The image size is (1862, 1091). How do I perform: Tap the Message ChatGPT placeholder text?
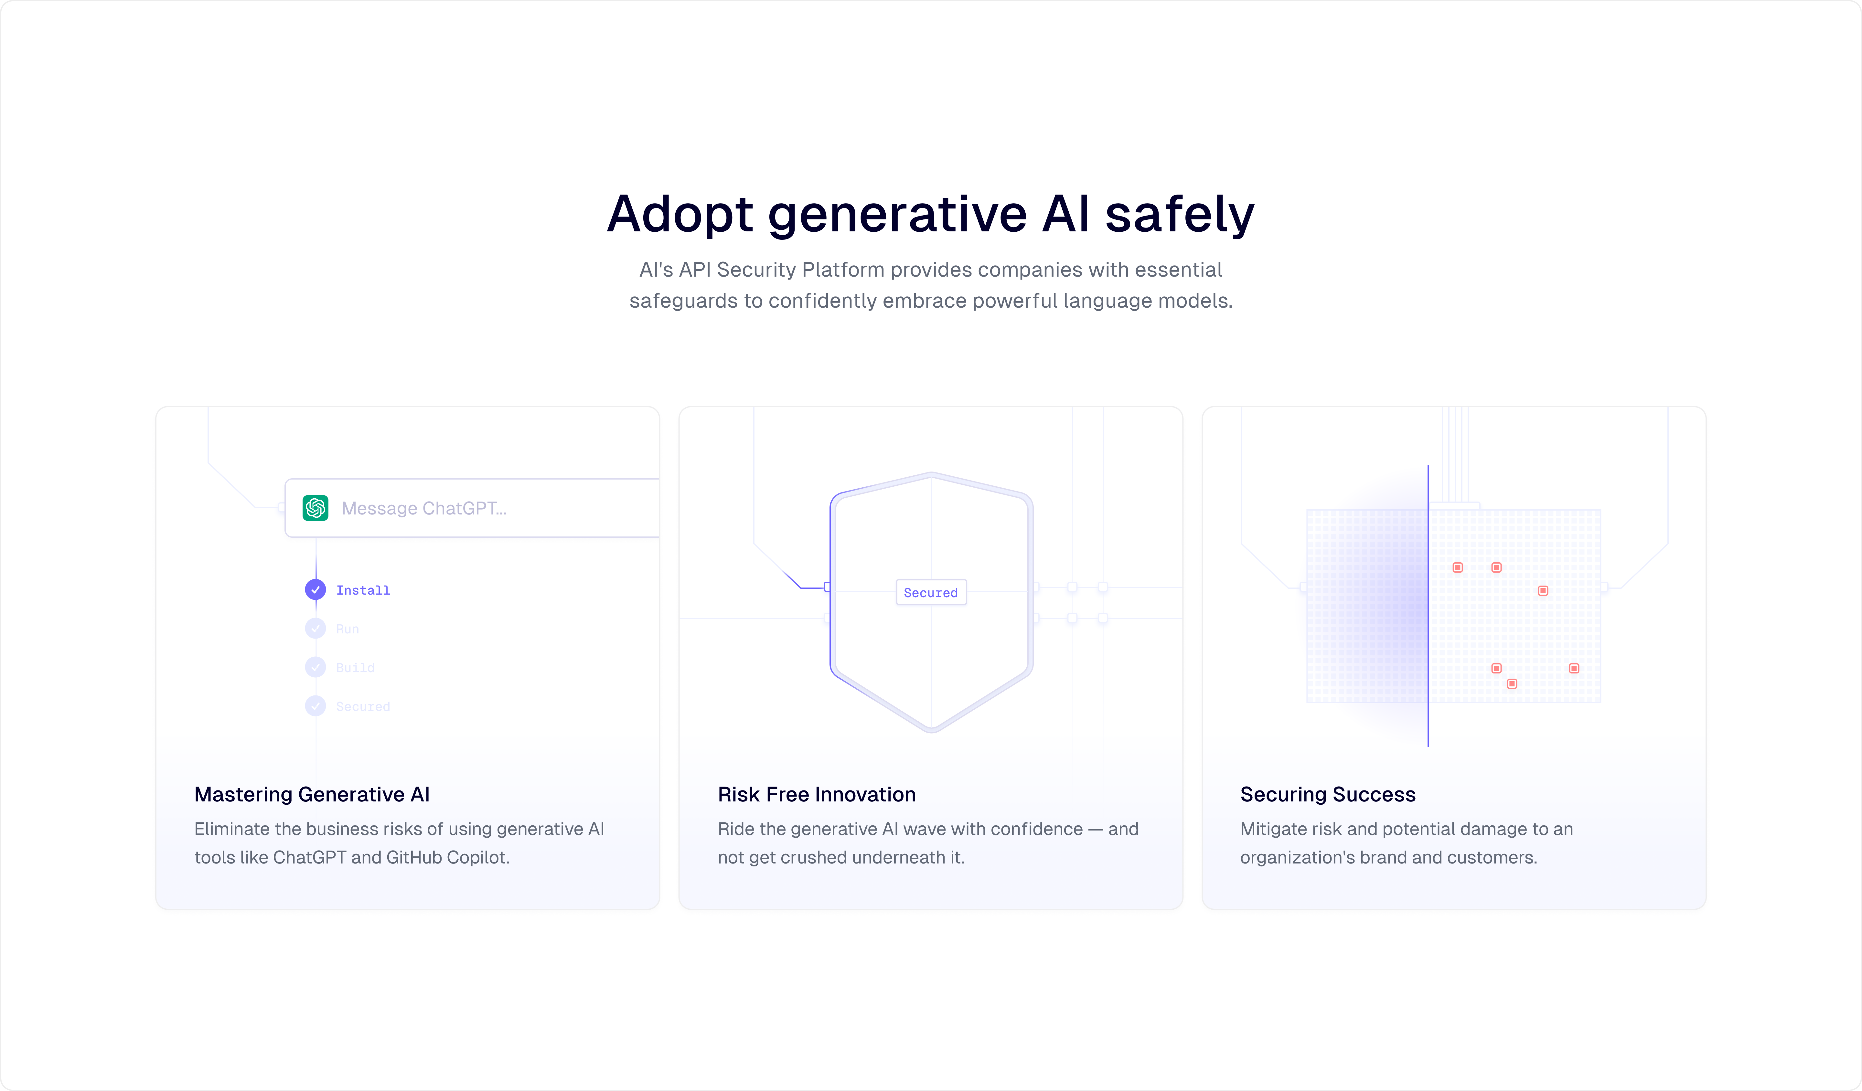tap(423, 508)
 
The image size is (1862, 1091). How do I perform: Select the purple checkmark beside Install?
tap(316, 589)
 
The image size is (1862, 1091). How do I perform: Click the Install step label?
tap(363, 590)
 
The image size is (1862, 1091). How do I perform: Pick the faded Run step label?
tap(347, 629)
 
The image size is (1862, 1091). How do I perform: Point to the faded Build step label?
tap(355, 668)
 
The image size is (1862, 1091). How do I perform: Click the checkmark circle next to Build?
tap(316, 667)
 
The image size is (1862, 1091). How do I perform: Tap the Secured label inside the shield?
tap(930, 592)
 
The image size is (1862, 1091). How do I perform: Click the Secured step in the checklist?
tap(363, 707)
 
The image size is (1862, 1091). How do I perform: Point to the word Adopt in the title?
tap(680, 214)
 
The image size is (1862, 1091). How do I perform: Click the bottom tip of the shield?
tap(932, 730)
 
